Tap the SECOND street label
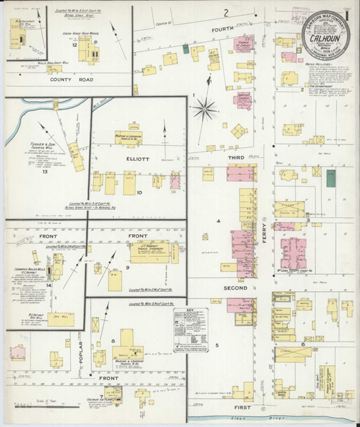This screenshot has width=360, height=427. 236,288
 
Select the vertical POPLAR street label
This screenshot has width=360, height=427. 80,347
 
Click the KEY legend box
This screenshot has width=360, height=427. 190,324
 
